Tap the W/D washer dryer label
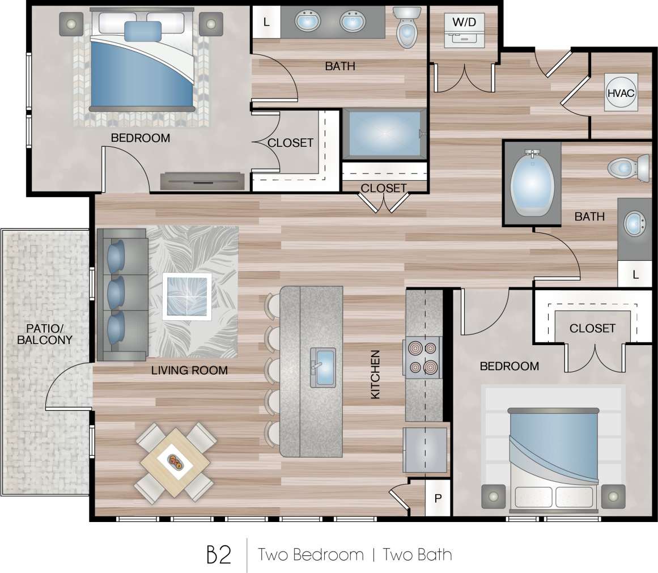[x=464, y=23]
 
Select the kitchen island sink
[x=322, y=367]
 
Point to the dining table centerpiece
[x=175, y=462]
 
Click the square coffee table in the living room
[x=186, y=297]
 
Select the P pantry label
[x=438, y=499]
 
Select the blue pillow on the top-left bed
[x=143, y=31]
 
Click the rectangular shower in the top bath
[x=384, y=134]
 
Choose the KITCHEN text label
[x=375, y=374]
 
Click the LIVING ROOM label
[x=189, y=371]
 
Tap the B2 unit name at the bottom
[x=219, y=555]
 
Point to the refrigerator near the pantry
[x=425, y=450]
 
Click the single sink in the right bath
[x=635, y=223]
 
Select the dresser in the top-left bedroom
[x=203, y=181]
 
